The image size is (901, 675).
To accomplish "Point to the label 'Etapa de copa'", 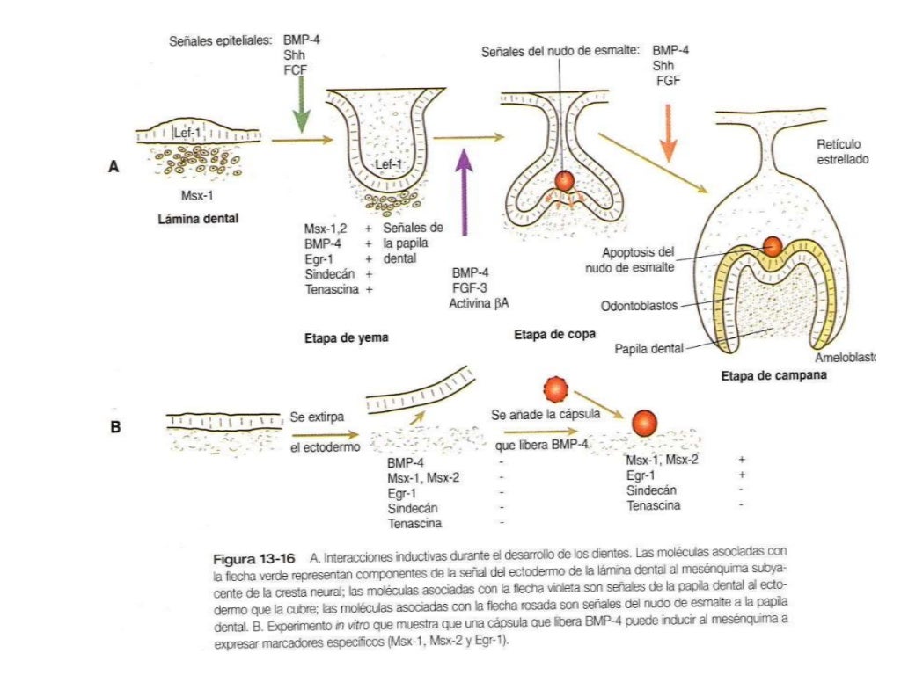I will [554, 334].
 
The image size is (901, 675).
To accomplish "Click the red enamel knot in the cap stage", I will [564, 180].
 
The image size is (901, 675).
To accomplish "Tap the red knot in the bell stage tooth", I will [772, 245].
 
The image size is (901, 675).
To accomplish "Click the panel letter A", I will [113, 165].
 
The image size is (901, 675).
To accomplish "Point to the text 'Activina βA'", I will [480, 302].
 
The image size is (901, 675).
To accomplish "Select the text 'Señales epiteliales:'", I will [220, 41].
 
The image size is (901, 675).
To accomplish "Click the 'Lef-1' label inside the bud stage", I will [388, 164].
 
